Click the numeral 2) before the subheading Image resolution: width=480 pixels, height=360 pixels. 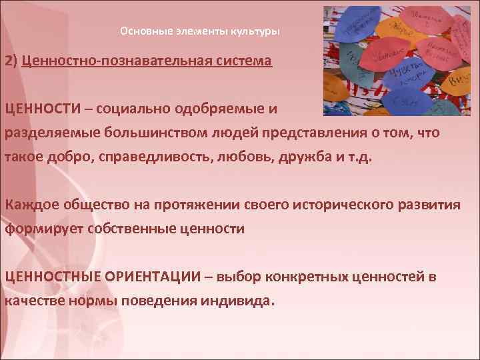click(11, 61)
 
